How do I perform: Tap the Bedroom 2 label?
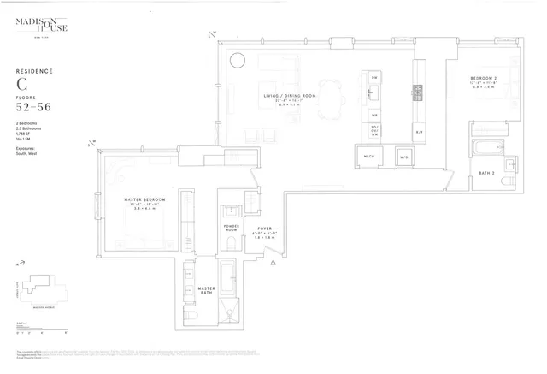pyautogui.click(x=483, y=79)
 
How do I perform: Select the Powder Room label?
pyautogui.click(x=231, y=229)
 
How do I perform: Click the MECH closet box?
pyautogui.click(x=369, y=157)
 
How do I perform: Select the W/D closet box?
pyautogui.click(x=403, y=157)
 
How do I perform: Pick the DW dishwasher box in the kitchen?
pyautogui.click(x=374, y=79)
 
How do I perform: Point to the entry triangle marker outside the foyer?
pyautogui.click(x=273, y=264)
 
